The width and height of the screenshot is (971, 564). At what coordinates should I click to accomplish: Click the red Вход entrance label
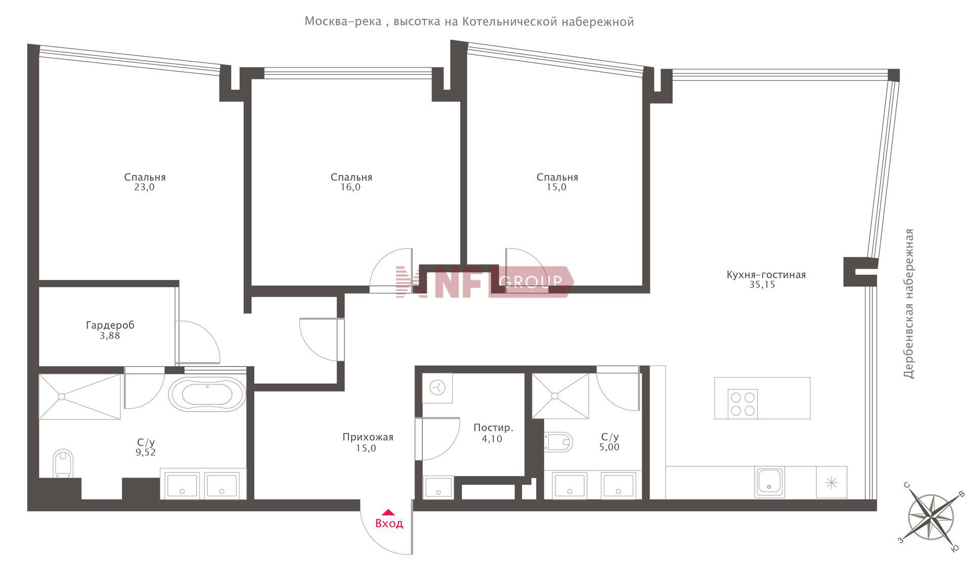coord(389,523)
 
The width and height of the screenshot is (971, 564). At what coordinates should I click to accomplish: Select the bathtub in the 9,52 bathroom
coord(207,394)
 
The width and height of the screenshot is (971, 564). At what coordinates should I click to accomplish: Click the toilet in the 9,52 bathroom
coord(63,463)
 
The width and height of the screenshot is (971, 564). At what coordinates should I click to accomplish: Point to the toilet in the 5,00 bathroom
coord(558,442)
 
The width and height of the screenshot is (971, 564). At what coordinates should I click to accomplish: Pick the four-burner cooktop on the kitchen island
coord(742,404)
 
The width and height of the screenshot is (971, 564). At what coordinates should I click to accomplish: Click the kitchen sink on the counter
coord(769,482)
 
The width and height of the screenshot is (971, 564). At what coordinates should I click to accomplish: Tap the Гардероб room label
coord(110,325)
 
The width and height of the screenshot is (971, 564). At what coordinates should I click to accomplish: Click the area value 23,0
coord(145,187)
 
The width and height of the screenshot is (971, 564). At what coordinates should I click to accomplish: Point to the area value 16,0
coord(351,187)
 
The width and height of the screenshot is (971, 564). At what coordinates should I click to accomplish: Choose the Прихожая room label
coord(368,437)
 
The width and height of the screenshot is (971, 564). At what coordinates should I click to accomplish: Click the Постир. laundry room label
coord(493,428)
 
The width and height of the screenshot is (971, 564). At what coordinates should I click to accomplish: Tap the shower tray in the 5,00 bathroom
coord(560,396)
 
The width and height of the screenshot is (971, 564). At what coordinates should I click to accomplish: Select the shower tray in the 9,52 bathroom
coord(80,397)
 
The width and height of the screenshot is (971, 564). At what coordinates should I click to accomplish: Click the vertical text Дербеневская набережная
coord(909,304)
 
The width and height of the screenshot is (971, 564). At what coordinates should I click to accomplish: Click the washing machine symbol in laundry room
coord(437,388)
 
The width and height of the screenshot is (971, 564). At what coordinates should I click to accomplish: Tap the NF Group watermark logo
coord(484,281)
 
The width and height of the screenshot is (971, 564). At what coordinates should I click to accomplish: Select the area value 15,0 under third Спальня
coord(557,187)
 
